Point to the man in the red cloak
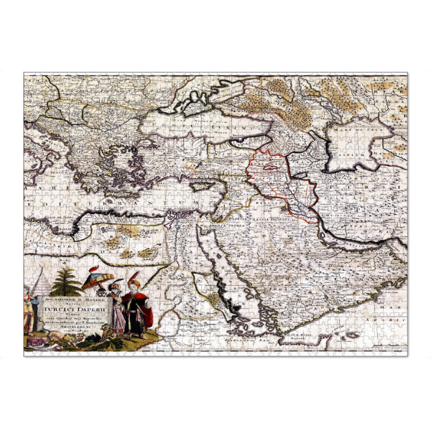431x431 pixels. (x=135, y=310)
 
